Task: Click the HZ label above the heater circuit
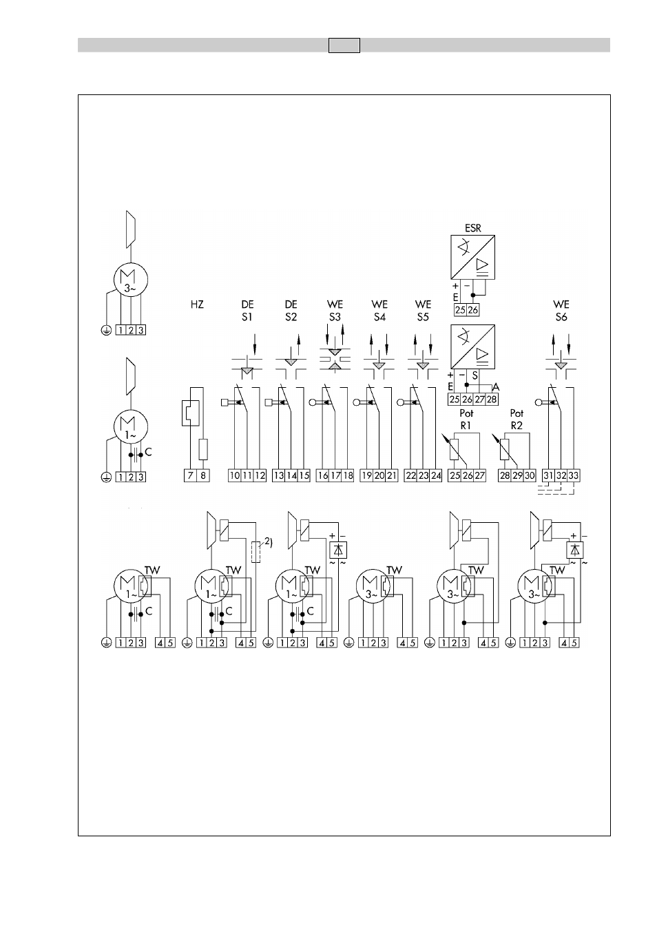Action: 197,304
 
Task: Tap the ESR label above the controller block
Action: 472,228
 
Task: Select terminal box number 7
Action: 191,475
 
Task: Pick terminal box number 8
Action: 203,475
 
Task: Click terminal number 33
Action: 574,475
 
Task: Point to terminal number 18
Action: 347,475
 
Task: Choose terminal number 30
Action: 530,475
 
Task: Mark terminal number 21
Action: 391,475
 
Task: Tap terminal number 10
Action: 235,475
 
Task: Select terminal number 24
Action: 435,475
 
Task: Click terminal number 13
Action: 278,475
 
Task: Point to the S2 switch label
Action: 291,317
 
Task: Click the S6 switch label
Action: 561,317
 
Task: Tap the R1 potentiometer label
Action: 466,426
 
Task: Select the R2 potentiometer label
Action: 517,426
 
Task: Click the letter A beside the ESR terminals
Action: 496,388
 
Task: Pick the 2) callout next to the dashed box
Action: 269,541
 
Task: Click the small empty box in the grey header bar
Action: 344,45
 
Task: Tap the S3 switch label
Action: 335,317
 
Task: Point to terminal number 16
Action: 322,475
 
